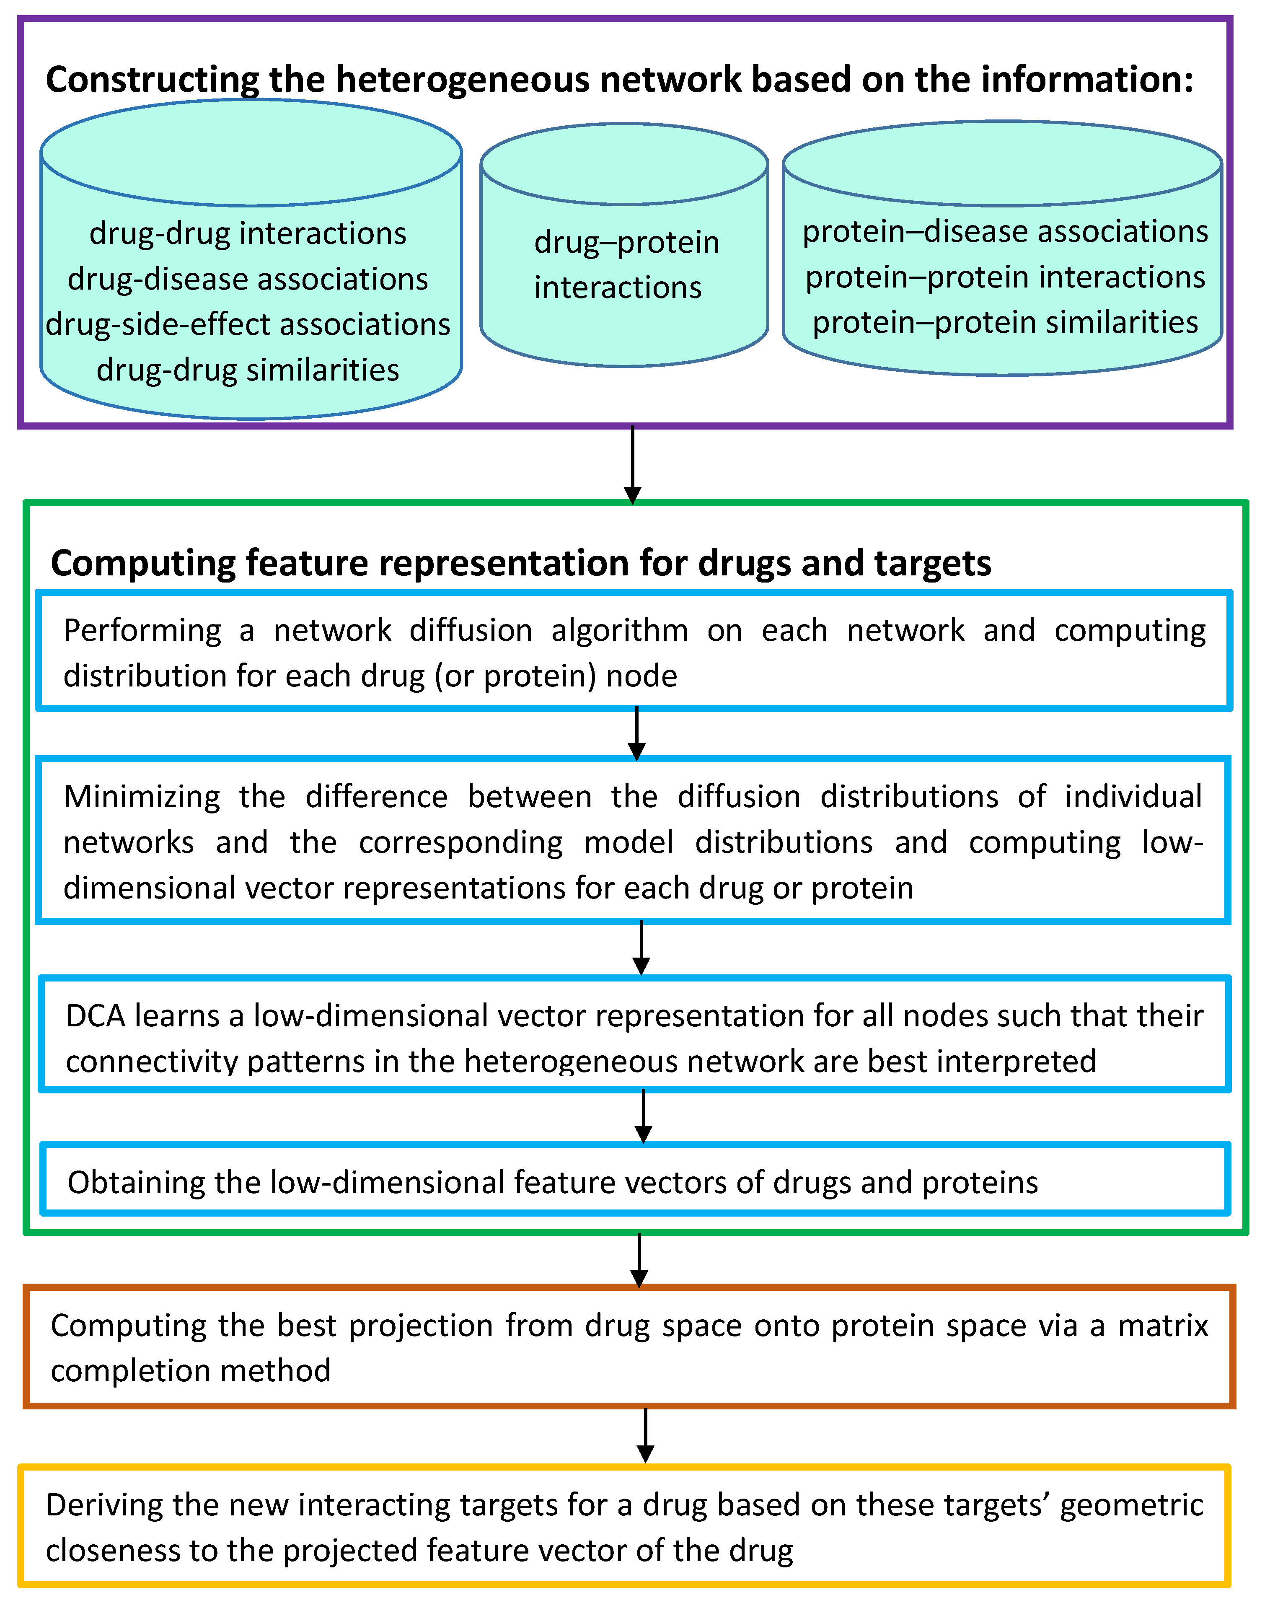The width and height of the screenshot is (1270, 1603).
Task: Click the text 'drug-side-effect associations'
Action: [248, 325]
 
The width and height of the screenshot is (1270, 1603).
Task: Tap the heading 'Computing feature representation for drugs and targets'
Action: [520, 563]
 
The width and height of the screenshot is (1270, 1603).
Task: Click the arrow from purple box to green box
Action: [632, 465]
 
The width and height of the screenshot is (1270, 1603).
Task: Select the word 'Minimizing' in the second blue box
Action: [141, 797]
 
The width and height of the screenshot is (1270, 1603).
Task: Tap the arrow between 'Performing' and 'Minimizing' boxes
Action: [636, 734]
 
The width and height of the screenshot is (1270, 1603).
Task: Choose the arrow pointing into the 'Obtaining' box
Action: [643, 1117]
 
